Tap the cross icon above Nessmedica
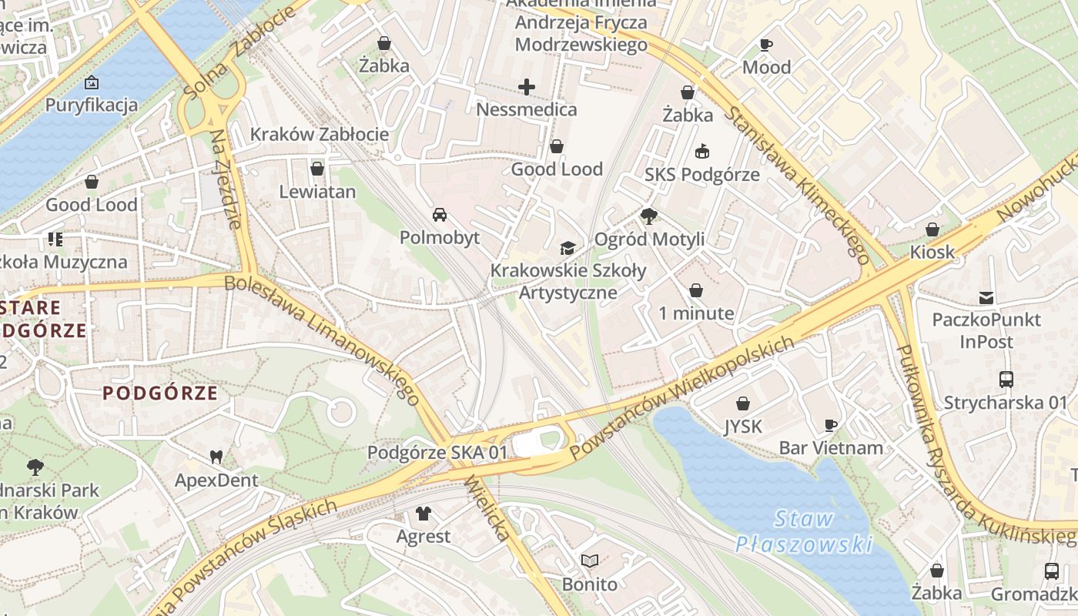pyautogui.click(x=527, y=87)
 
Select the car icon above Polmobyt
pyautogui.click(x=439, y=215)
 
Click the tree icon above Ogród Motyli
pyautogui.click(x=649, y=216)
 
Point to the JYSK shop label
pyautogui.click(x=742, y=426)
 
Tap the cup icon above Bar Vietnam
pyautogui.click(x=830, y=425)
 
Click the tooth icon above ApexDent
pyautogui.click(x=216, y=457)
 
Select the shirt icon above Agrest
pyautogui.click(x=423, y=513)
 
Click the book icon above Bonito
pyautogui.click(x=589, y=561)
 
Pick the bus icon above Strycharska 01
pyautogui.click(x=1006, y=379)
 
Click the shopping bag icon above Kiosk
pyautogui.click(x=932, y=229)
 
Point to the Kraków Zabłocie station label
pyautogui.click(x=319, y=135)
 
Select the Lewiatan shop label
pyautogui.click(x=317, y=192)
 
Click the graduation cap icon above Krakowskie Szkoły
pyautogui.click(x=567, y=248)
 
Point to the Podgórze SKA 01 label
pyautogui.click(x=437, y=453)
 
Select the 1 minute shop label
pyautogui.click(x=696, y=313)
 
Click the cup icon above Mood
pyautogui.click(x=765, y=45)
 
